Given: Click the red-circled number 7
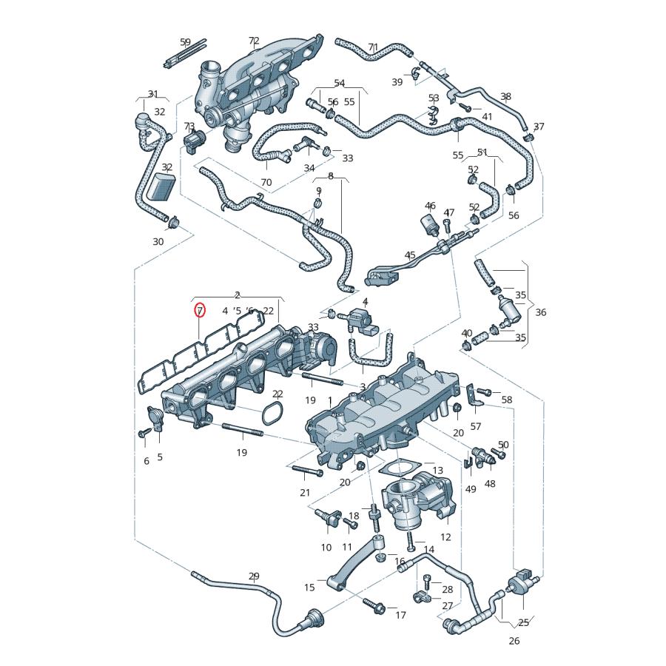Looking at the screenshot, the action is point(200,311).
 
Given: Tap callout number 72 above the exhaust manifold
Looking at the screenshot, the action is point(254,41).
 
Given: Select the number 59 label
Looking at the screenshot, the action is point(185,42).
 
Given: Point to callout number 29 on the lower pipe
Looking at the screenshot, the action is point(254,576).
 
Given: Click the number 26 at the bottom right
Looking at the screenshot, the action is point(514,641).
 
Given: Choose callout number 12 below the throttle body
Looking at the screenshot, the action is point(445,537).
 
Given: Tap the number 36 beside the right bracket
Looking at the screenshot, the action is point(540,312).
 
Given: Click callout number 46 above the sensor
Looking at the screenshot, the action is point(430,206).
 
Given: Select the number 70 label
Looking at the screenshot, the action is point(266,182).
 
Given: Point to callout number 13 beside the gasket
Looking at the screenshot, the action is point(437,470).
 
